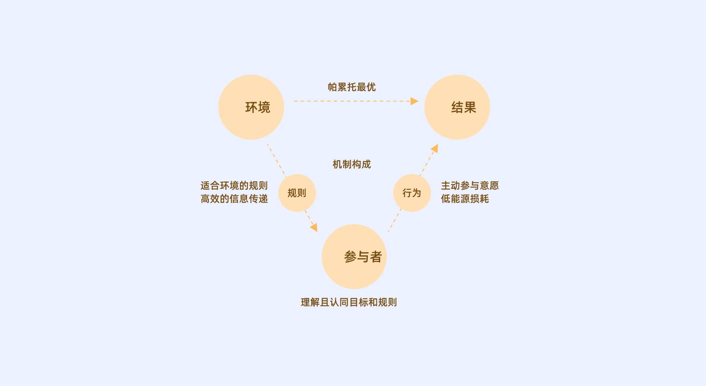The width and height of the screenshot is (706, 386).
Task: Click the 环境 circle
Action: [x=251, y=107]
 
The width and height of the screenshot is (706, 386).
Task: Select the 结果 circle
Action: [x=457, y=107]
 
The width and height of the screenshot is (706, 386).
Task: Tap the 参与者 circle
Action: [x=354, y=257]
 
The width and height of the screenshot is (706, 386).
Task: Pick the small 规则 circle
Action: [x=297, y=193]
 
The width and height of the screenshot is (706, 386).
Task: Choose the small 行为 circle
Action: [x=412, y=193]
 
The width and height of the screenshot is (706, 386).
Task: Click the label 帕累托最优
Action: [x=351, y=87]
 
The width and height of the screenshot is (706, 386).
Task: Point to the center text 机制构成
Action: [x=351, y=164]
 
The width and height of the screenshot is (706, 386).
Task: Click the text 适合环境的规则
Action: [x=234, y=186]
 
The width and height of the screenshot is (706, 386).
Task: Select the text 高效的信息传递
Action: [x=234, y=199]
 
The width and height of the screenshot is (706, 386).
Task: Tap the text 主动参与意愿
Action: [x=470, y=186]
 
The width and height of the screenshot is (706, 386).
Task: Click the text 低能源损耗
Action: [x=465, y=199]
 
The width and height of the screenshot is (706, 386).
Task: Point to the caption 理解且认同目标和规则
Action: [x=348, y=302]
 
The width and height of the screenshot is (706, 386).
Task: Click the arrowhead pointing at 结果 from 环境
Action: [x=415, y=101]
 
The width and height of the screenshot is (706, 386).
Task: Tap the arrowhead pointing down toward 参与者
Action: [x=314, y=227]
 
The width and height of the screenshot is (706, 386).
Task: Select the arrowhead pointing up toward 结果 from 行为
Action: [x=435, y=148]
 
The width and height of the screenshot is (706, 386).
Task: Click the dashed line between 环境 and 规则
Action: [x=276, y=160]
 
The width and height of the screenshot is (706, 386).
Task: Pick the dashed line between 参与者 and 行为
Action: [x=395, y=220]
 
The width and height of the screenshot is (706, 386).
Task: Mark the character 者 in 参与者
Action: [x=376, y=257]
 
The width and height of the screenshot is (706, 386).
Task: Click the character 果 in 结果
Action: [x=470, y=108]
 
